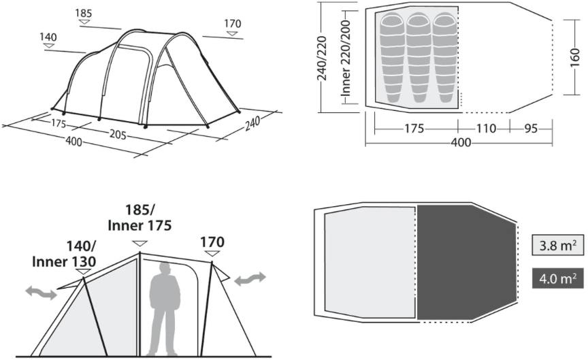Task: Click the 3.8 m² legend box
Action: tap(558, 246)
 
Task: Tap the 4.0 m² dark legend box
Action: tap(558, 278)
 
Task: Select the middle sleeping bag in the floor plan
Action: tap(419, 57)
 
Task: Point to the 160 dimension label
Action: tap(574, 57)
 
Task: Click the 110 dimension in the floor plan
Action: tap(486, 129)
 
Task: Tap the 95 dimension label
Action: tap(531, 129)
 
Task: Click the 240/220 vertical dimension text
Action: tap(322, 58)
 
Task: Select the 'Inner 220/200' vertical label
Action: tap(346, 57)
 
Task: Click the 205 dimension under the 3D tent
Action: tap(118, 133)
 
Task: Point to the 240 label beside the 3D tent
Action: tap(252, 123)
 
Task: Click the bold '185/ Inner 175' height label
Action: tap(140, 218)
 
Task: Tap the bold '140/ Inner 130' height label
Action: tap(64, 254)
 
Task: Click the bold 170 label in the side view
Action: tap(212, 242)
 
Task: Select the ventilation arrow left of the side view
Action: tap(42, 292)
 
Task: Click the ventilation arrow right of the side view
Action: tap(250, 279)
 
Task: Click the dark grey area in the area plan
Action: tap(466, 263)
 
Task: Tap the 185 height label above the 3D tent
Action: tap(83, 13)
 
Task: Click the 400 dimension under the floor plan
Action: tap(461, 142)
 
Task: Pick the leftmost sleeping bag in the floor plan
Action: tap(393, 57)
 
